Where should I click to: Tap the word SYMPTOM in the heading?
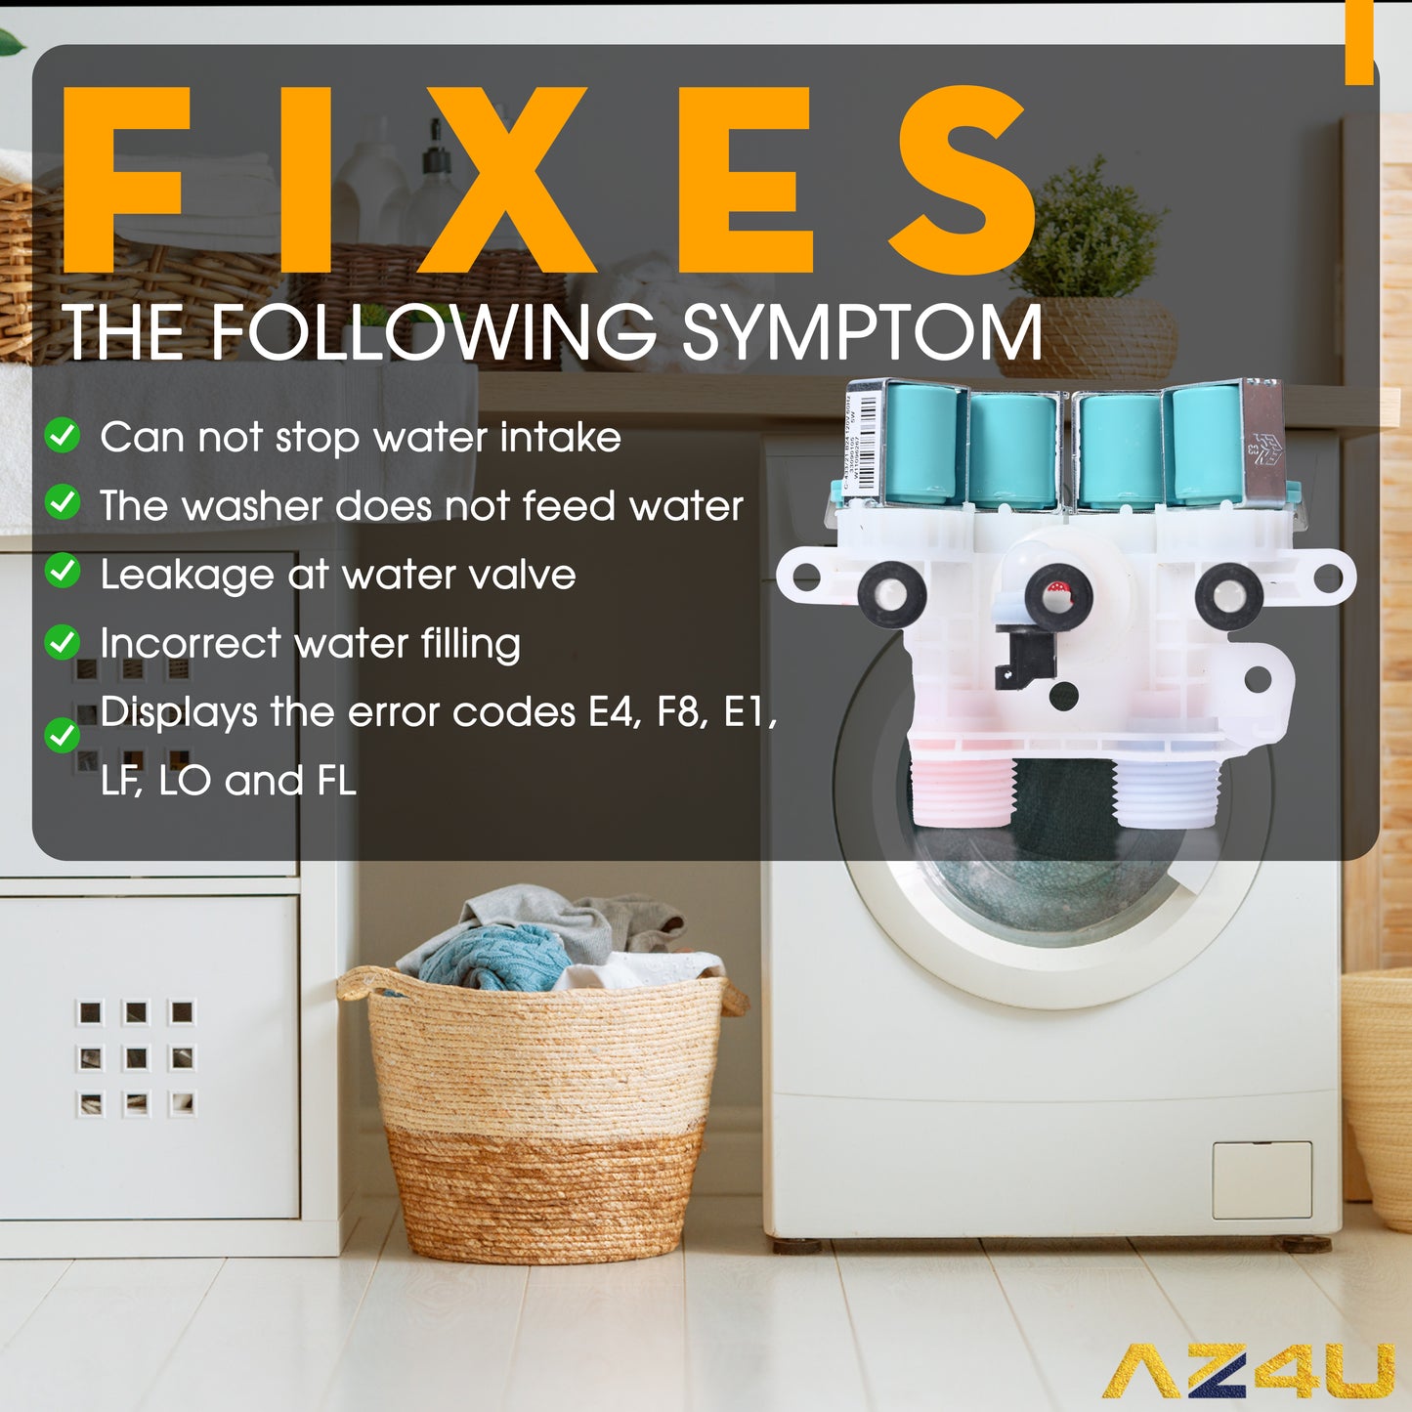pos(862,333)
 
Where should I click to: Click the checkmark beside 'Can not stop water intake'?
pos(64,436)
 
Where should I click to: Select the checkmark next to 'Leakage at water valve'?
pos(64,572)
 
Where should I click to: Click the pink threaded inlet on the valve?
pos(962,792)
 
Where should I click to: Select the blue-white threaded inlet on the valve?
pos(1167,792)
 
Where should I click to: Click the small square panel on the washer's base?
pos(1262,1179)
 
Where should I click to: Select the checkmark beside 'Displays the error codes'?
pos(64,735)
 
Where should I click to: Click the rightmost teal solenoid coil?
pos(1207,445)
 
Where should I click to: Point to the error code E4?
pos(613,712)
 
